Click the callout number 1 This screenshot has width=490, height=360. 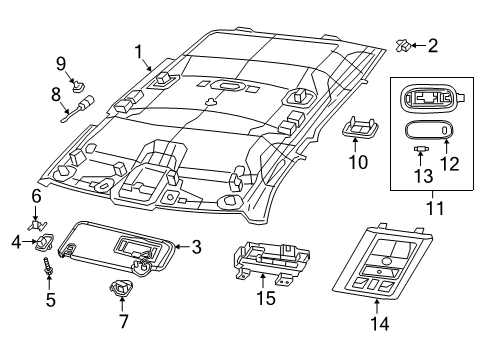[140, 50]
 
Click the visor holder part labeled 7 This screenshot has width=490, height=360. [123, 291]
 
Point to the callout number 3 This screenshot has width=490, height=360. [196, 245]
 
